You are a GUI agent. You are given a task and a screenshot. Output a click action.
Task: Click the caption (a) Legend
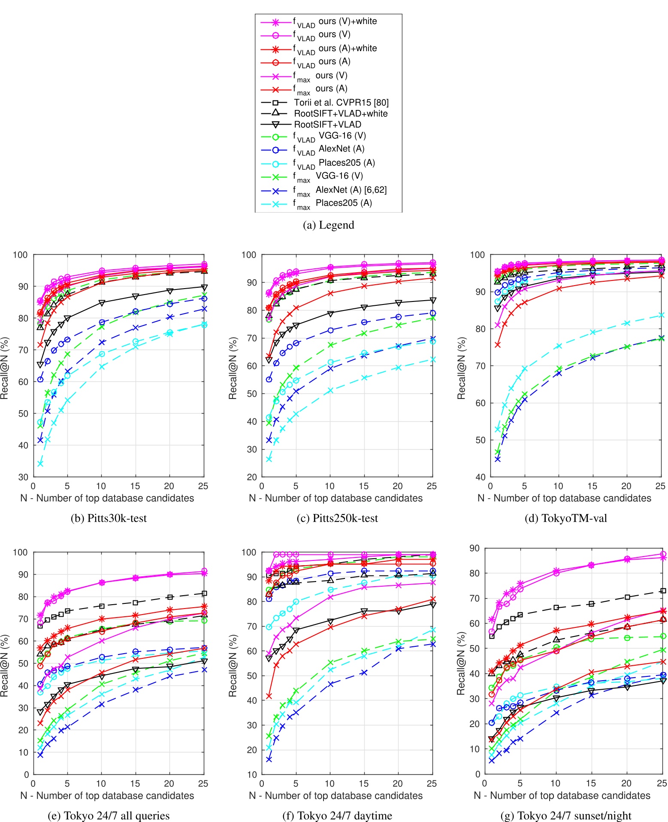tap(328, 225)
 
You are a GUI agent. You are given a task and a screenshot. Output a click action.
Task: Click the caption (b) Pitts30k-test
tap(109, 518)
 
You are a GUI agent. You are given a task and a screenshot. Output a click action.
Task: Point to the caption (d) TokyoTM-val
tap(565, 518)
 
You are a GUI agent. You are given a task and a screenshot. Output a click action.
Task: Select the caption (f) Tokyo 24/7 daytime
tap(337, 816)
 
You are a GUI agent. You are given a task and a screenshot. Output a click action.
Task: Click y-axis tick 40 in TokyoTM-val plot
tap(480, 477)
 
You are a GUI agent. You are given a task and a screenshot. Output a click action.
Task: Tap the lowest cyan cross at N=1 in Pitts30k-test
tap(40, 464)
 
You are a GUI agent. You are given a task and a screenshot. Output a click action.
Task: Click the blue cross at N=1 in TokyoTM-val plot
tap(498, 459)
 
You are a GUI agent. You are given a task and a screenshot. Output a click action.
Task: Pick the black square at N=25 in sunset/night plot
tap(663, 591)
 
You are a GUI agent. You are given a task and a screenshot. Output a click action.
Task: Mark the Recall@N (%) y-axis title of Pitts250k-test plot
tap(233, 368)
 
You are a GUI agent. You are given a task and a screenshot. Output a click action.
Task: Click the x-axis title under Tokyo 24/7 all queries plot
tap(107, 796)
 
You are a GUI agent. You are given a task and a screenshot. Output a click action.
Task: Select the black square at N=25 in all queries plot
tap(204, 594)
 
